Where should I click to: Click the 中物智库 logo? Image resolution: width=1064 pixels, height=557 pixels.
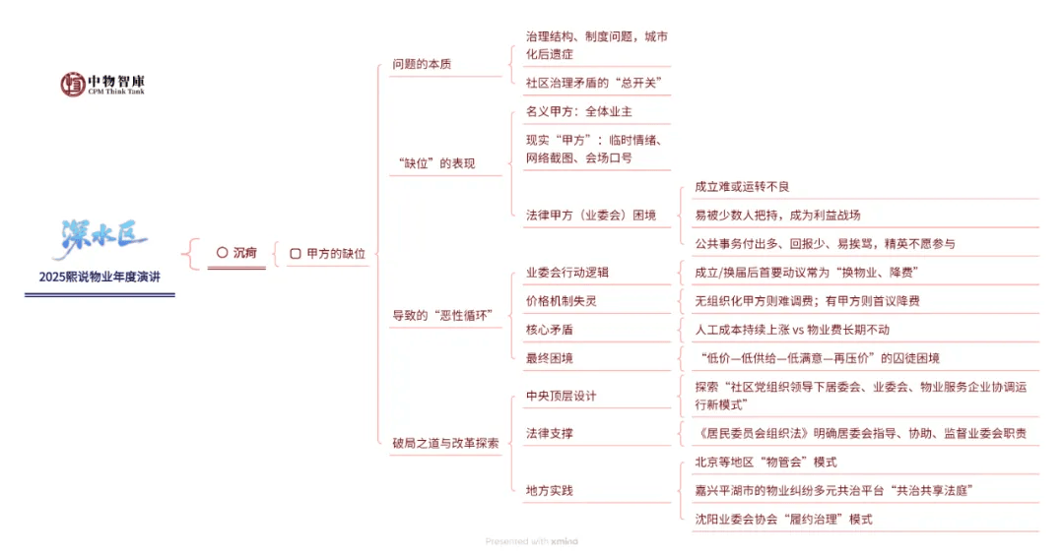[101, 84]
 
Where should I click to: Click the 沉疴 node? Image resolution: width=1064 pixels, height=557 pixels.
[236, 253]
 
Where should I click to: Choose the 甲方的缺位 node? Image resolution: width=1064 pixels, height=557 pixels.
[328, 253]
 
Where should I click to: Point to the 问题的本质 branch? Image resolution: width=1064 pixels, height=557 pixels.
[422, 65]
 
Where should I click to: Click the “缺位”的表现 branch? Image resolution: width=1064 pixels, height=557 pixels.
[435, 163]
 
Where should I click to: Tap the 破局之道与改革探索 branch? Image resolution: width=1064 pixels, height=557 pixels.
[445, 443]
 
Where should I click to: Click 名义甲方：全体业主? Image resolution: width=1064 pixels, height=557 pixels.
[579, 112]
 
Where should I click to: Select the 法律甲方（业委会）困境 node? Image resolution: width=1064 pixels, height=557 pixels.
[590, 215]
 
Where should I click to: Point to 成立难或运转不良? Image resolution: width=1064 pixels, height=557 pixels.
[742, 186]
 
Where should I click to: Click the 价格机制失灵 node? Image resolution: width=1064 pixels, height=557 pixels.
[561, 300]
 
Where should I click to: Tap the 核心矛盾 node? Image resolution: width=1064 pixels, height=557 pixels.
[550, 330]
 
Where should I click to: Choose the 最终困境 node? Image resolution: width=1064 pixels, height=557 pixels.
[550, 358]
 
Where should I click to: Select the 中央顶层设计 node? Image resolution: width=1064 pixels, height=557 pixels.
[561, 396]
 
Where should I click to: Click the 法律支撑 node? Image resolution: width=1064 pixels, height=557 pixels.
[550, 433]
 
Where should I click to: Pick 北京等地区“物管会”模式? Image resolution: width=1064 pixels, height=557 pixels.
[765, 462]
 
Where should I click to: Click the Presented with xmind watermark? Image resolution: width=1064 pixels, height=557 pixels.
[532, 541]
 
